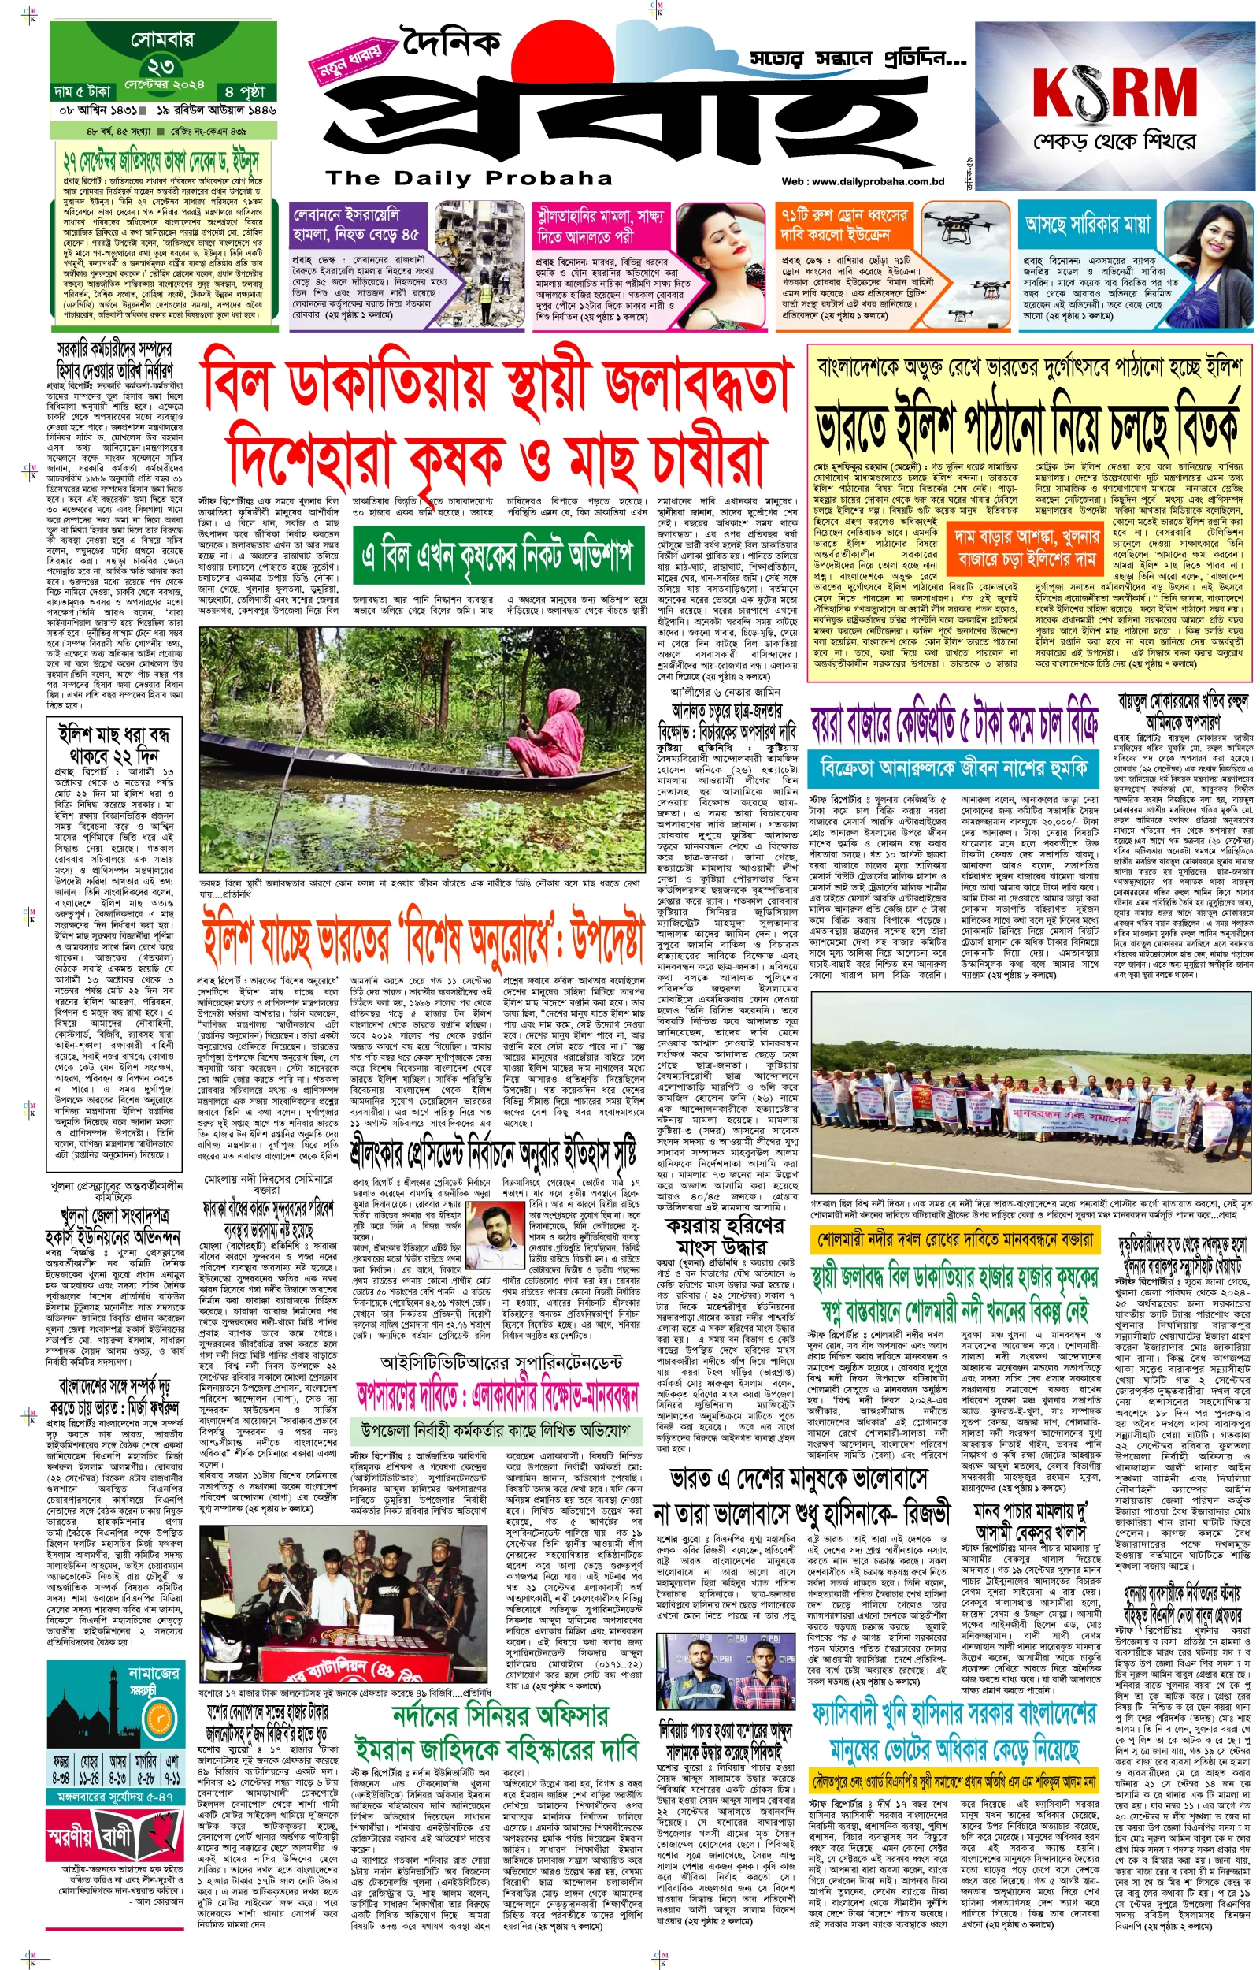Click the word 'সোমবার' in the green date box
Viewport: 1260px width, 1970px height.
161,39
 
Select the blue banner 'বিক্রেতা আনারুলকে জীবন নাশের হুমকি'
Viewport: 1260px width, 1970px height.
953,768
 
